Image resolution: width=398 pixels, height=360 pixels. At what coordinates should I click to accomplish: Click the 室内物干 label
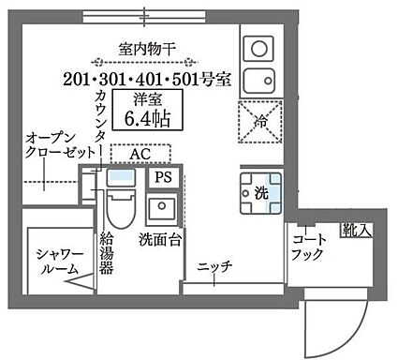tap(144, 47)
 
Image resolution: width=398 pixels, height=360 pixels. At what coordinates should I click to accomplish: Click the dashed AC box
tap(140, 153)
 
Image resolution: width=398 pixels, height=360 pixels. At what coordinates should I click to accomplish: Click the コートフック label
tap(308, 247)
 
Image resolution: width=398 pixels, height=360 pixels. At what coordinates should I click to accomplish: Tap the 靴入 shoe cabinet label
tap(356, 230)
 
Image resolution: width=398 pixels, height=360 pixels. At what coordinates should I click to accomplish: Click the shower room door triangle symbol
tap(84, 279)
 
